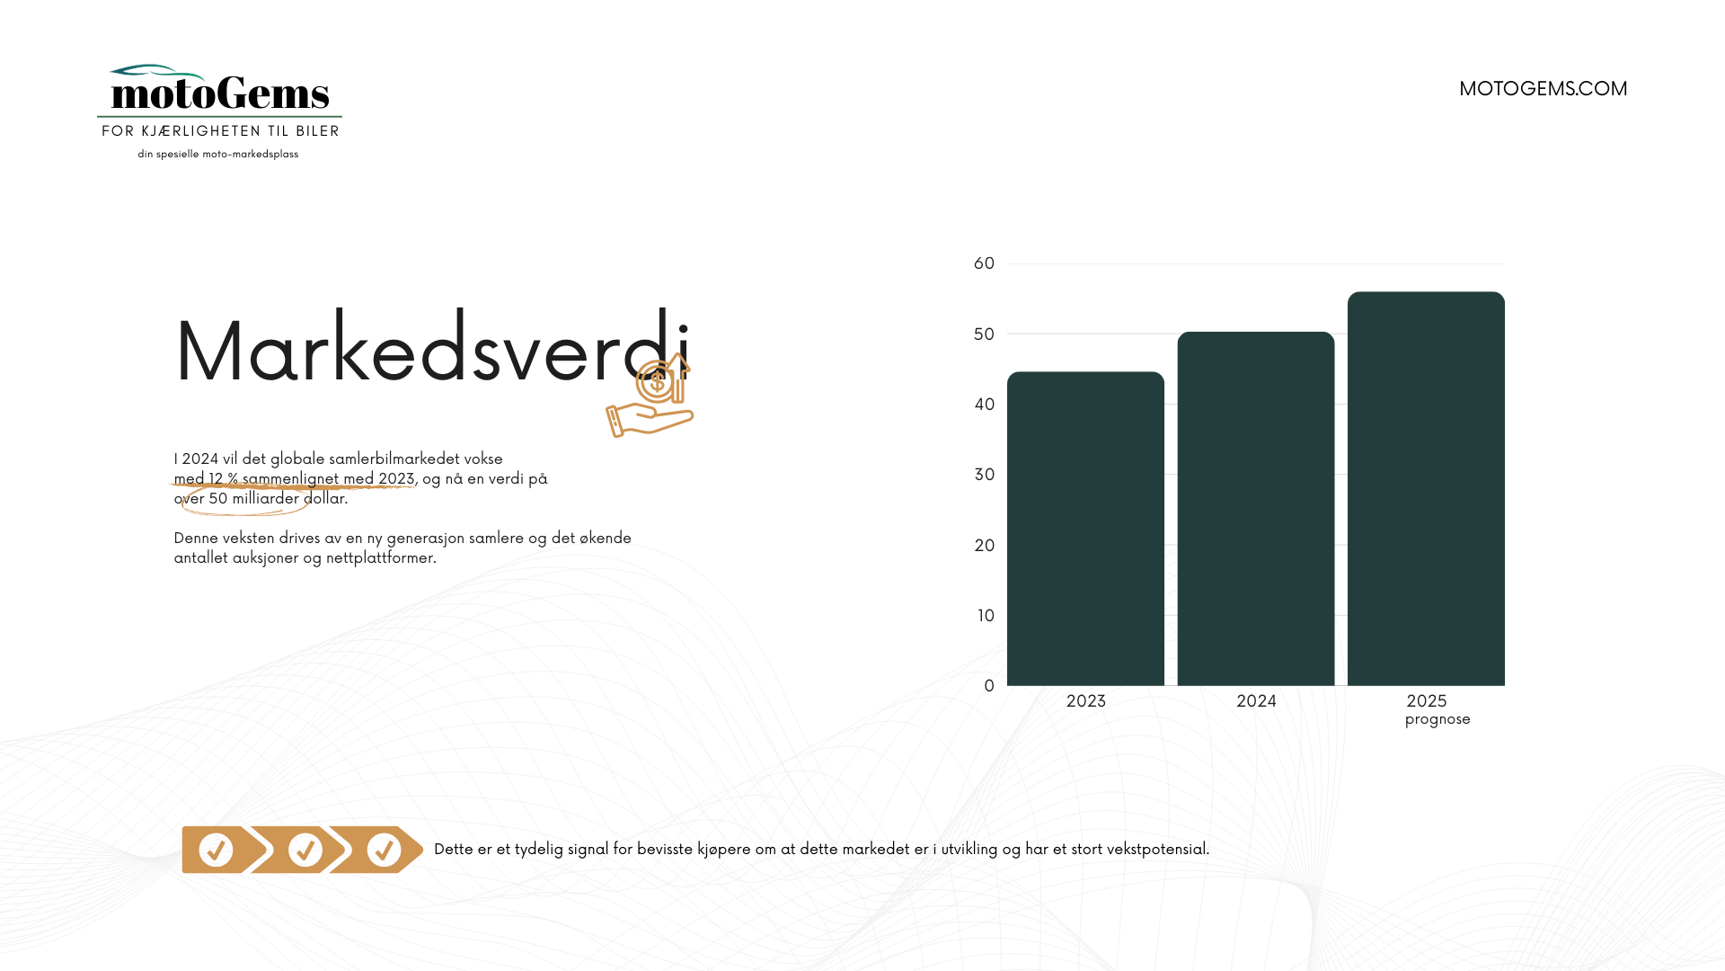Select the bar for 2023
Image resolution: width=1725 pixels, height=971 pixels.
pos(1085,529)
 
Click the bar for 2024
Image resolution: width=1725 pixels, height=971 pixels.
pos(1256,509)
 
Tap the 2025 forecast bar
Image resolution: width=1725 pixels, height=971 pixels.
pos(1426,488)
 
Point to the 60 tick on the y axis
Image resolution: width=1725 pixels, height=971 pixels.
pos(985,263)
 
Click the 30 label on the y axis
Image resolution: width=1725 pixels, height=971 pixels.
pos(985,475)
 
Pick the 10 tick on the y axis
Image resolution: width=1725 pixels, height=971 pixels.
pos(986,616)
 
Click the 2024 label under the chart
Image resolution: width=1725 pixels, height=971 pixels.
pos(1256,701)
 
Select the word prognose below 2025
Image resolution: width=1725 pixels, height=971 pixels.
pos(1437,719)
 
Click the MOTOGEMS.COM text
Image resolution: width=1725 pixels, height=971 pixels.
pos(1543,88)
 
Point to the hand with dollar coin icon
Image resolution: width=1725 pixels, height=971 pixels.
pos(650,396)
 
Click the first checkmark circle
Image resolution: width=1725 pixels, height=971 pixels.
pos(216,850)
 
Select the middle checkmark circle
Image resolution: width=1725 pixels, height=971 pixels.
pos(305,850)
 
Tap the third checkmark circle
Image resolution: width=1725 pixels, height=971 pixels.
pos(384,850)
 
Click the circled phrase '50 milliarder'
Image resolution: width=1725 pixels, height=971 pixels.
pos(254,499)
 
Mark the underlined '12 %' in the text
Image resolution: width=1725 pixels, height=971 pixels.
pos(224,479)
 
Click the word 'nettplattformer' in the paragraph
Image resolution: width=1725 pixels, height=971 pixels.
pos(381,558)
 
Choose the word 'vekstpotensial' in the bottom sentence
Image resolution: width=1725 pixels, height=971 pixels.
pos(1158,850)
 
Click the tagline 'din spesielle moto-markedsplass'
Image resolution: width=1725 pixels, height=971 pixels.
pos(218,155)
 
